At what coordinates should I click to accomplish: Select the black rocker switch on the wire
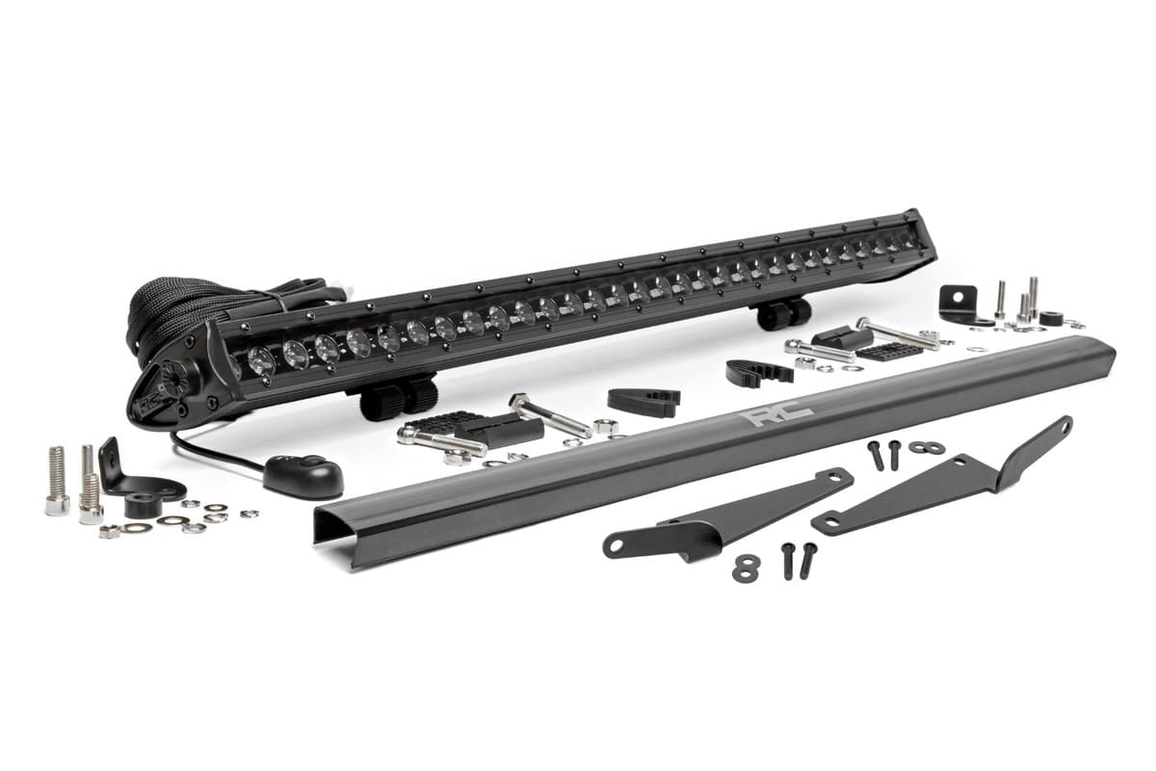coord(302,475)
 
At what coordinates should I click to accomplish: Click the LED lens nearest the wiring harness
coord(261,360)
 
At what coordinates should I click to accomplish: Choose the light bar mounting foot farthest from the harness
coord(783,313)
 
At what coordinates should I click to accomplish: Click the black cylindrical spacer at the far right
coord(1050,317)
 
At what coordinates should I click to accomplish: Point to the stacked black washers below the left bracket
coord(746,568)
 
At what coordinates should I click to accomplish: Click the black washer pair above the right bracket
coord(926,447)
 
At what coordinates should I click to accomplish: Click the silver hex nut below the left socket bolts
coord(110,531)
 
